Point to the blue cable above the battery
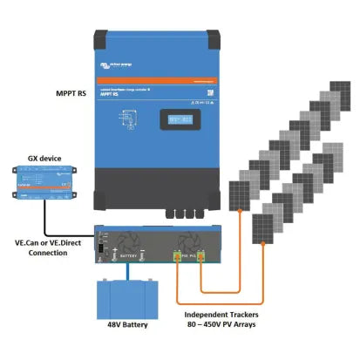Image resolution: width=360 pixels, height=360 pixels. (128, 269)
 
